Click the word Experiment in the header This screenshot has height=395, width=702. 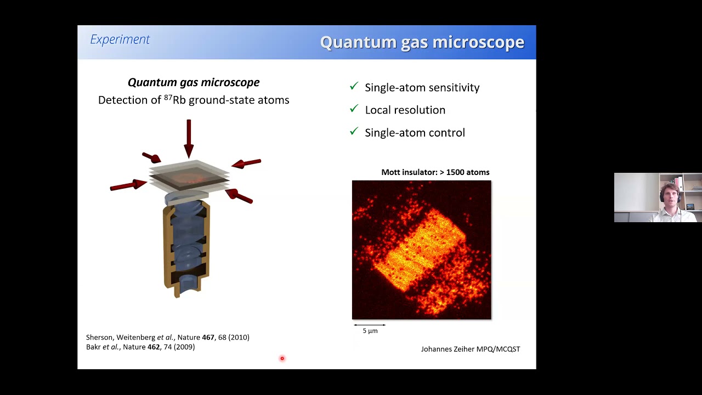(x=120, y=39)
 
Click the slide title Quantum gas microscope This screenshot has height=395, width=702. (x=422, y=42)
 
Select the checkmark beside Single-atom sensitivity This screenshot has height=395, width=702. (x=354, y=87)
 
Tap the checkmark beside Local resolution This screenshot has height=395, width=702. (x=354, y=109)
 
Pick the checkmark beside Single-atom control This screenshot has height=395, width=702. (x=354, y=132)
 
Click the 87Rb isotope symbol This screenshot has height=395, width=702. (x=175, y=100)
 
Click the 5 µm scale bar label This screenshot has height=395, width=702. (x=370, y=331)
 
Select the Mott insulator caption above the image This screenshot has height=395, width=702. (x=435, y=172)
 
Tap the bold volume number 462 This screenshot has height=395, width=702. (x=154, y=347)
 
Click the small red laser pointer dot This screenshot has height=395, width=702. (x=282, y=359)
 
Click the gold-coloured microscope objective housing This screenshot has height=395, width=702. (x=168, y=247)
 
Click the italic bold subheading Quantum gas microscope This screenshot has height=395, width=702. (x=194, y=82)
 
